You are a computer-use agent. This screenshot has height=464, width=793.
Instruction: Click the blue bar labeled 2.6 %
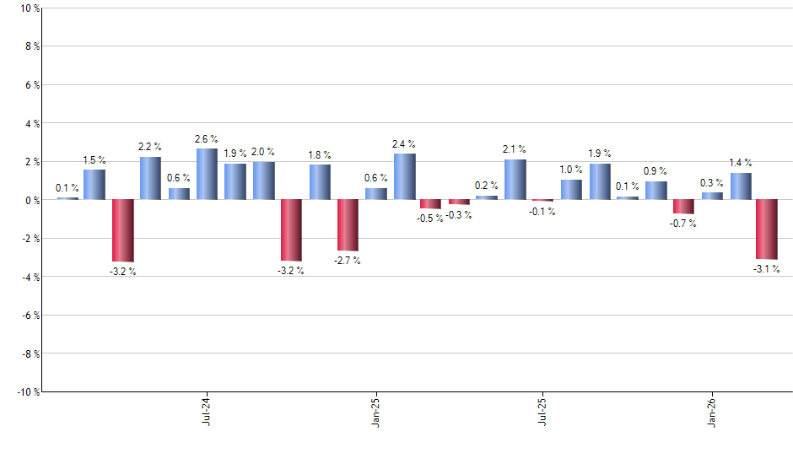pos(207,175)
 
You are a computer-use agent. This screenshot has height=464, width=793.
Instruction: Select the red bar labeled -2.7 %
pos(348,225)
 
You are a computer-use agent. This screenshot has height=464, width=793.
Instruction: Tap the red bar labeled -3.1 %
pos(767,229)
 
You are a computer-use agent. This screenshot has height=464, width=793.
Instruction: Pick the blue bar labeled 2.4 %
pos(404,177)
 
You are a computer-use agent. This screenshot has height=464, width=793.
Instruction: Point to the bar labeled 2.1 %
pos(515,180)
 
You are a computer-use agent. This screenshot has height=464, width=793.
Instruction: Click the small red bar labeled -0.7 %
pos(683,207)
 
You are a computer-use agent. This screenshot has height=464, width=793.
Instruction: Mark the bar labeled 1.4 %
pos(741,186)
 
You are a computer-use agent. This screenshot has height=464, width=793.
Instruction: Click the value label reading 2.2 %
pos(150,147)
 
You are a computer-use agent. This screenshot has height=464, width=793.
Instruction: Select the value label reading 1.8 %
pos(320,154)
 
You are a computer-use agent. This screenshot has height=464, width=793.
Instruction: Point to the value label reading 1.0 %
pos(571,170)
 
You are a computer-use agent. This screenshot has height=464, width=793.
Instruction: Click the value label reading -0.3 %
pos(460,215)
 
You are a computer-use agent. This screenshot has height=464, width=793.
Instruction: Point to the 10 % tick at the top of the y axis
pos(29,8)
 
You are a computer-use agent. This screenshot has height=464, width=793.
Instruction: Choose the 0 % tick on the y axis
pos(31,200)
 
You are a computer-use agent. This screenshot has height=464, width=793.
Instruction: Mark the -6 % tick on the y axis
pos(29,316)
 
